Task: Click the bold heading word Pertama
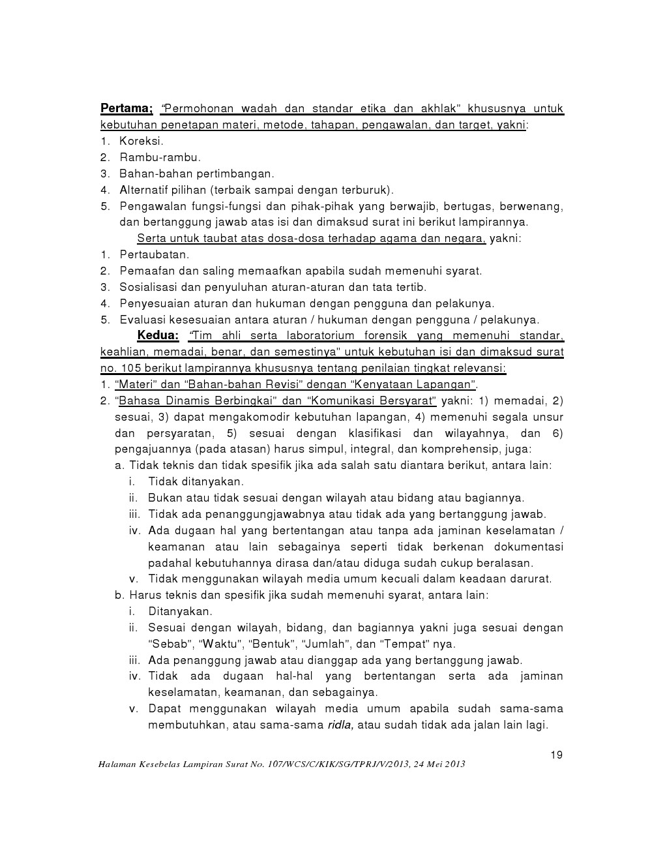pos(126,108)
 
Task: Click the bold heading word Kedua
pos(157,336)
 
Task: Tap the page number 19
pos(556,755)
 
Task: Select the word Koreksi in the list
pos(141,141)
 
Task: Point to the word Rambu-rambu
pos(160,157)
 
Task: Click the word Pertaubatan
pos(155,255)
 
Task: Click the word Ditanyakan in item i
pos(180,612)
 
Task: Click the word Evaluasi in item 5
pos(142,320)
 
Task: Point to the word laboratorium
pos(320,336)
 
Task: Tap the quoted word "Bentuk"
pos(274,644)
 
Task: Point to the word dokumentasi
pos(529,547)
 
